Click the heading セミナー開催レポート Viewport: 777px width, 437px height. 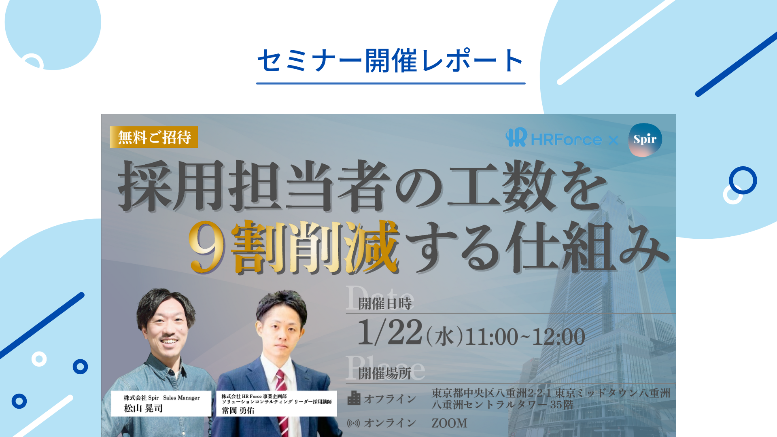coord(391,61)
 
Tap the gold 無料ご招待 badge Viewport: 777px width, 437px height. coord(154,137)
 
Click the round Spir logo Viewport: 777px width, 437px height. coord(645,140)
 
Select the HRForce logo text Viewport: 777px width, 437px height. coord(566,140)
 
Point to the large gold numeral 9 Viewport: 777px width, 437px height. coord(206,247)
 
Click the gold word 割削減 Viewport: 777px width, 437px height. coord(315,247)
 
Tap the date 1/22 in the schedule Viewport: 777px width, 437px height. coord(390,333)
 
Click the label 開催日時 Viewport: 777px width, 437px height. coord(385,303)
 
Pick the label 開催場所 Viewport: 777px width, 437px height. coord(385,373)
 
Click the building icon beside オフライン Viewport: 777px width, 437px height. coord(354,398)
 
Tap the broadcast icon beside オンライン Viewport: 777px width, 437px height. coord(353,423)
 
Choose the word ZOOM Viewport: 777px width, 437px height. coord(449,423)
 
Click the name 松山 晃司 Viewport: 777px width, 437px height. coord(143,408)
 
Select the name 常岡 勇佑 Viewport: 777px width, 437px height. coord(238,411)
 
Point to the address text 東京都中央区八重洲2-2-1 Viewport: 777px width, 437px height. coord(491,393)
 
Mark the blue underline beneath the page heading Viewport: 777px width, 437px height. coord(391,83)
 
